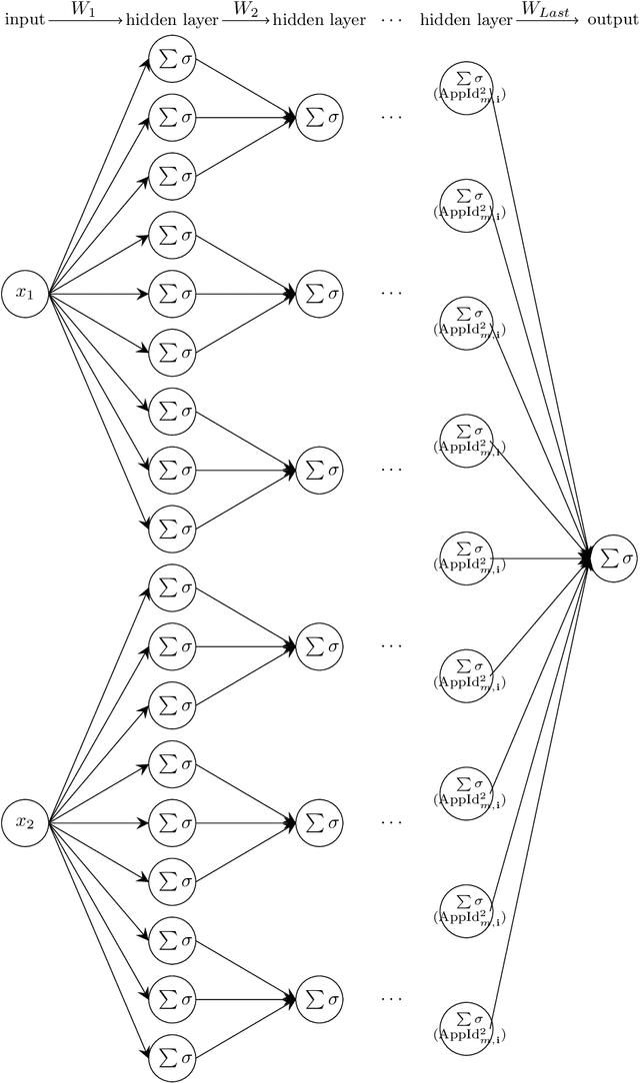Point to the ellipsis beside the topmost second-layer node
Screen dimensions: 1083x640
(391, 118)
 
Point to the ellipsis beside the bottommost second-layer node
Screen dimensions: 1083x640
(391, 997)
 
